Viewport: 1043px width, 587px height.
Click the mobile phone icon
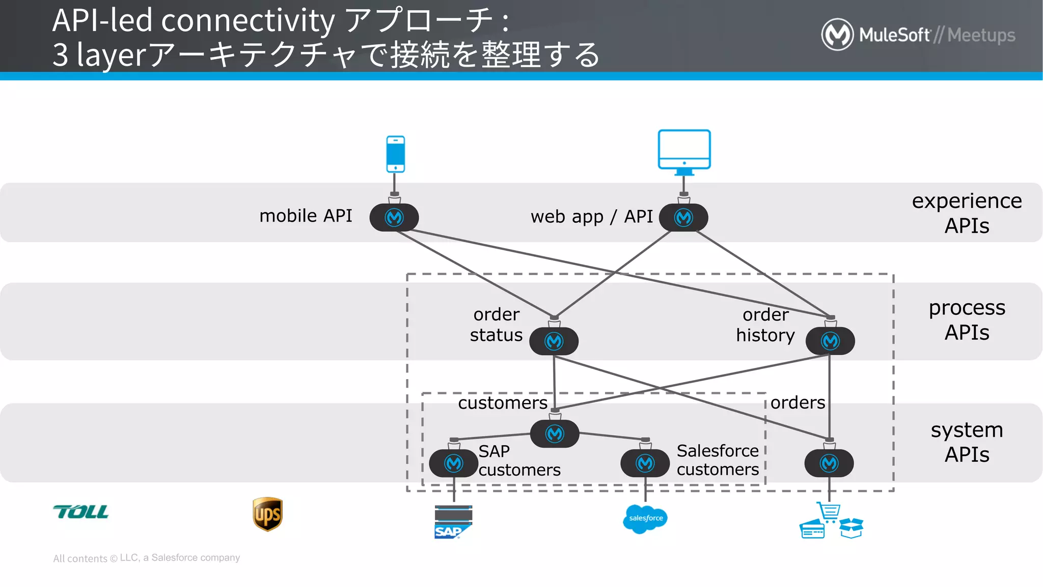[395, 154]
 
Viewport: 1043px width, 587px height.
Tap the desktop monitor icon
[684, 150]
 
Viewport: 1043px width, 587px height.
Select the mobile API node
[394, 218]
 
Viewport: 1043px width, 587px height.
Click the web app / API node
[683, 218]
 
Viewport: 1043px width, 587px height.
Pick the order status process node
[554, 341]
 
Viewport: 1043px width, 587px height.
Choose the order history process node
[830, 341]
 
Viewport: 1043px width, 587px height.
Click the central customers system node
[555, 434]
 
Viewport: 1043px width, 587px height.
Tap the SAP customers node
[453, 463]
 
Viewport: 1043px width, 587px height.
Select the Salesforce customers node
[645, 463]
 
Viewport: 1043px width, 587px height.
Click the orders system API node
[829, 463]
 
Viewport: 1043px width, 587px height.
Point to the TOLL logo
[81, 512]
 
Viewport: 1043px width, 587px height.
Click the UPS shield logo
[267, 514]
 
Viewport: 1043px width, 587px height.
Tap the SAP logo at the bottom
[453, 522]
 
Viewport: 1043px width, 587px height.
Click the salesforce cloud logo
[645, 519]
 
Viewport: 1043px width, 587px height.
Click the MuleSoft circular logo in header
[837, 35]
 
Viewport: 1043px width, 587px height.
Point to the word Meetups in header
[981, 35]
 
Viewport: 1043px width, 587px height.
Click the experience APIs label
[967, 213]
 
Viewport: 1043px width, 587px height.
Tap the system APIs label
[967, 442]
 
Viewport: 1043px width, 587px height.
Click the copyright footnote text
[147, 558]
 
